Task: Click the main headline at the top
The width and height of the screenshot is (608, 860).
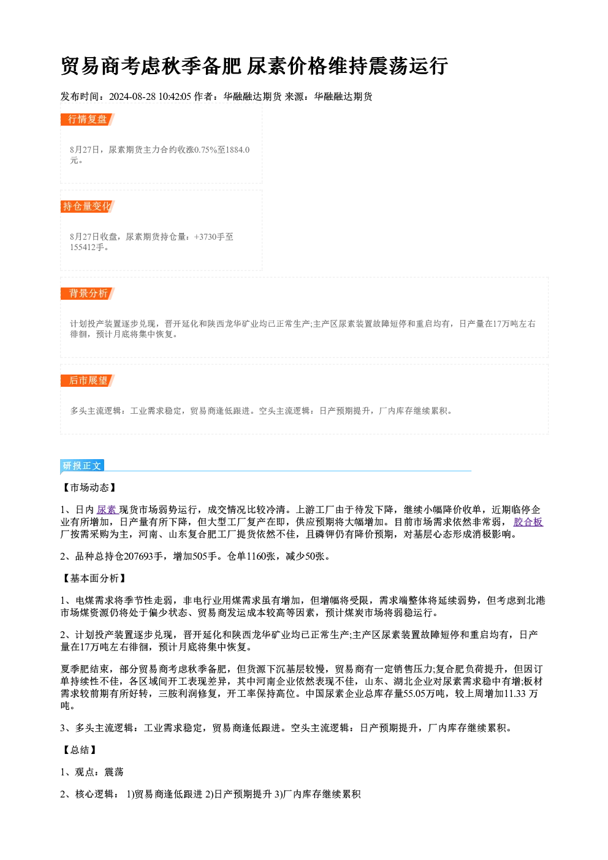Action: pos(254,66)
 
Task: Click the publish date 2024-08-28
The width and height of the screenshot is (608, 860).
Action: pos(132,96)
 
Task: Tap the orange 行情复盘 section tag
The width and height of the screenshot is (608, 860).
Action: pos(88,120)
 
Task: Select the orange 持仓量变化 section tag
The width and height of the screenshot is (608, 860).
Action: pos(88,207)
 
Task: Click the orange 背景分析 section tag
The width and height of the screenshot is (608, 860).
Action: pos(88,294)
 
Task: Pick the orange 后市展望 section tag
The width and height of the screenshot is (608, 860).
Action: pos(88,381)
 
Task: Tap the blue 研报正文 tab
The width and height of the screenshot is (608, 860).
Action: pos(82,466)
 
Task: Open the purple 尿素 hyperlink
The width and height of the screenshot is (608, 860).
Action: pos(106,509)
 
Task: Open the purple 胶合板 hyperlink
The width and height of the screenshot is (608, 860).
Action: pos(528,522)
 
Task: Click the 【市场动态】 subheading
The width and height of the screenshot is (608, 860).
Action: pos(89,487)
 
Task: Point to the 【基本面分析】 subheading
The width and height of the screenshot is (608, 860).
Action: pos(94,578)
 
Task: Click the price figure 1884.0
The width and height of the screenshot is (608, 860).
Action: pos(237,150)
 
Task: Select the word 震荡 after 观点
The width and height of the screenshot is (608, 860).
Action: pos(114,772)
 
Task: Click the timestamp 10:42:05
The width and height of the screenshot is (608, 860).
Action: pos(175,96)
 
